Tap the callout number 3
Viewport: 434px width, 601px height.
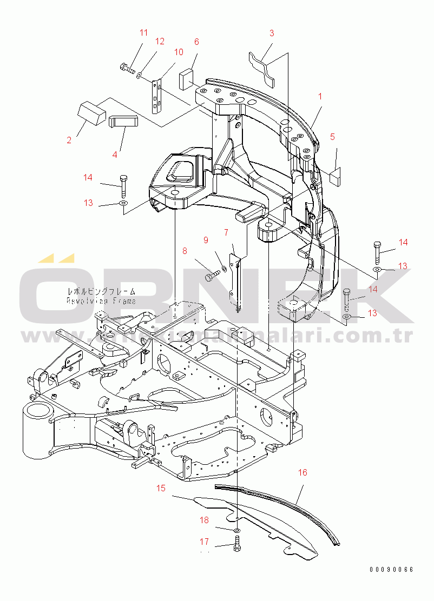(272, 34)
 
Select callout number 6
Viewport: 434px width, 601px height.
(196, 42)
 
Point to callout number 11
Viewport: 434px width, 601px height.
(143, 32)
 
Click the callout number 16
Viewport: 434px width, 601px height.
(303, 472)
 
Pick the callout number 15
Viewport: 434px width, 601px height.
(161, 488)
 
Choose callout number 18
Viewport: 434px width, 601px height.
(205, 520)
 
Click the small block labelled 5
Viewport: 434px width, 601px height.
(334, 176)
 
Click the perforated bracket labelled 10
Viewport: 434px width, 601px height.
(157, 96)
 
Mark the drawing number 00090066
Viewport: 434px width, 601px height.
(391, 570)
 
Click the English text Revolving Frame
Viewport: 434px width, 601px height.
(101, 300)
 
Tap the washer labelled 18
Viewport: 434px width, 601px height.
(238, 532)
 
